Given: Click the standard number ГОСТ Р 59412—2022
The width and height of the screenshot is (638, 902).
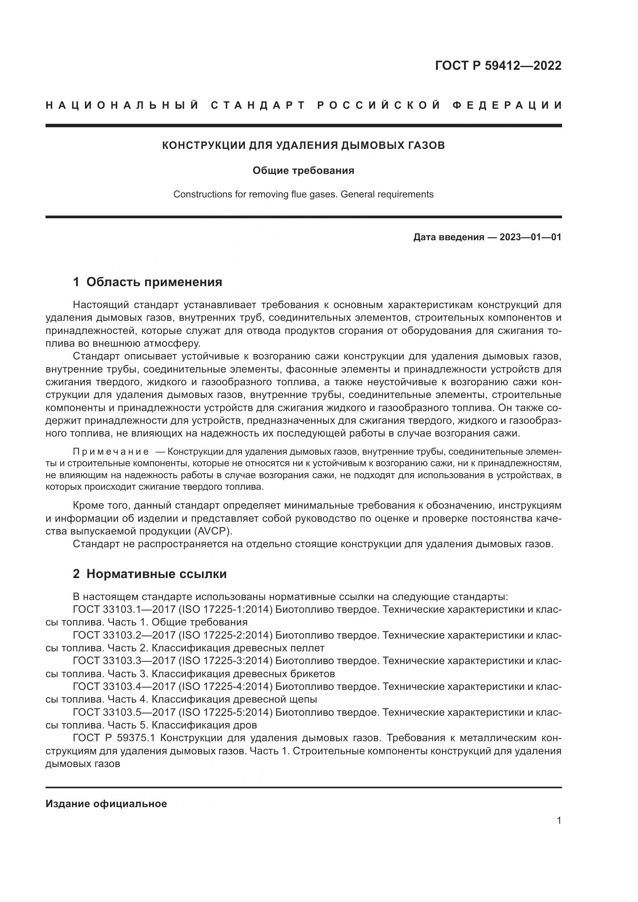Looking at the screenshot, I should click(498, 66).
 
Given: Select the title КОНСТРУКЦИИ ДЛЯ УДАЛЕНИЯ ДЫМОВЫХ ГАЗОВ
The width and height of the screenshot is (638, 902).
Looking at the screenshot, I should click(303, 145).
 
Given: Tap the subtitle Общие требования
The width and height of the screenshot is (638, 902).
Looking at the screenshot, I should click(303, 170).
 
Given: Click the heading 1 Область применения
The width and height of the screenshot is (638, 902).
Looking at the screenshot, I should click(148, 282).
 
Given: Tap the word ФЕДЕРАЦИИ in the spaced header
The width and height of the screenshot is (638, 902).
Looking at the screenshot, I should click(507, 105).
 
